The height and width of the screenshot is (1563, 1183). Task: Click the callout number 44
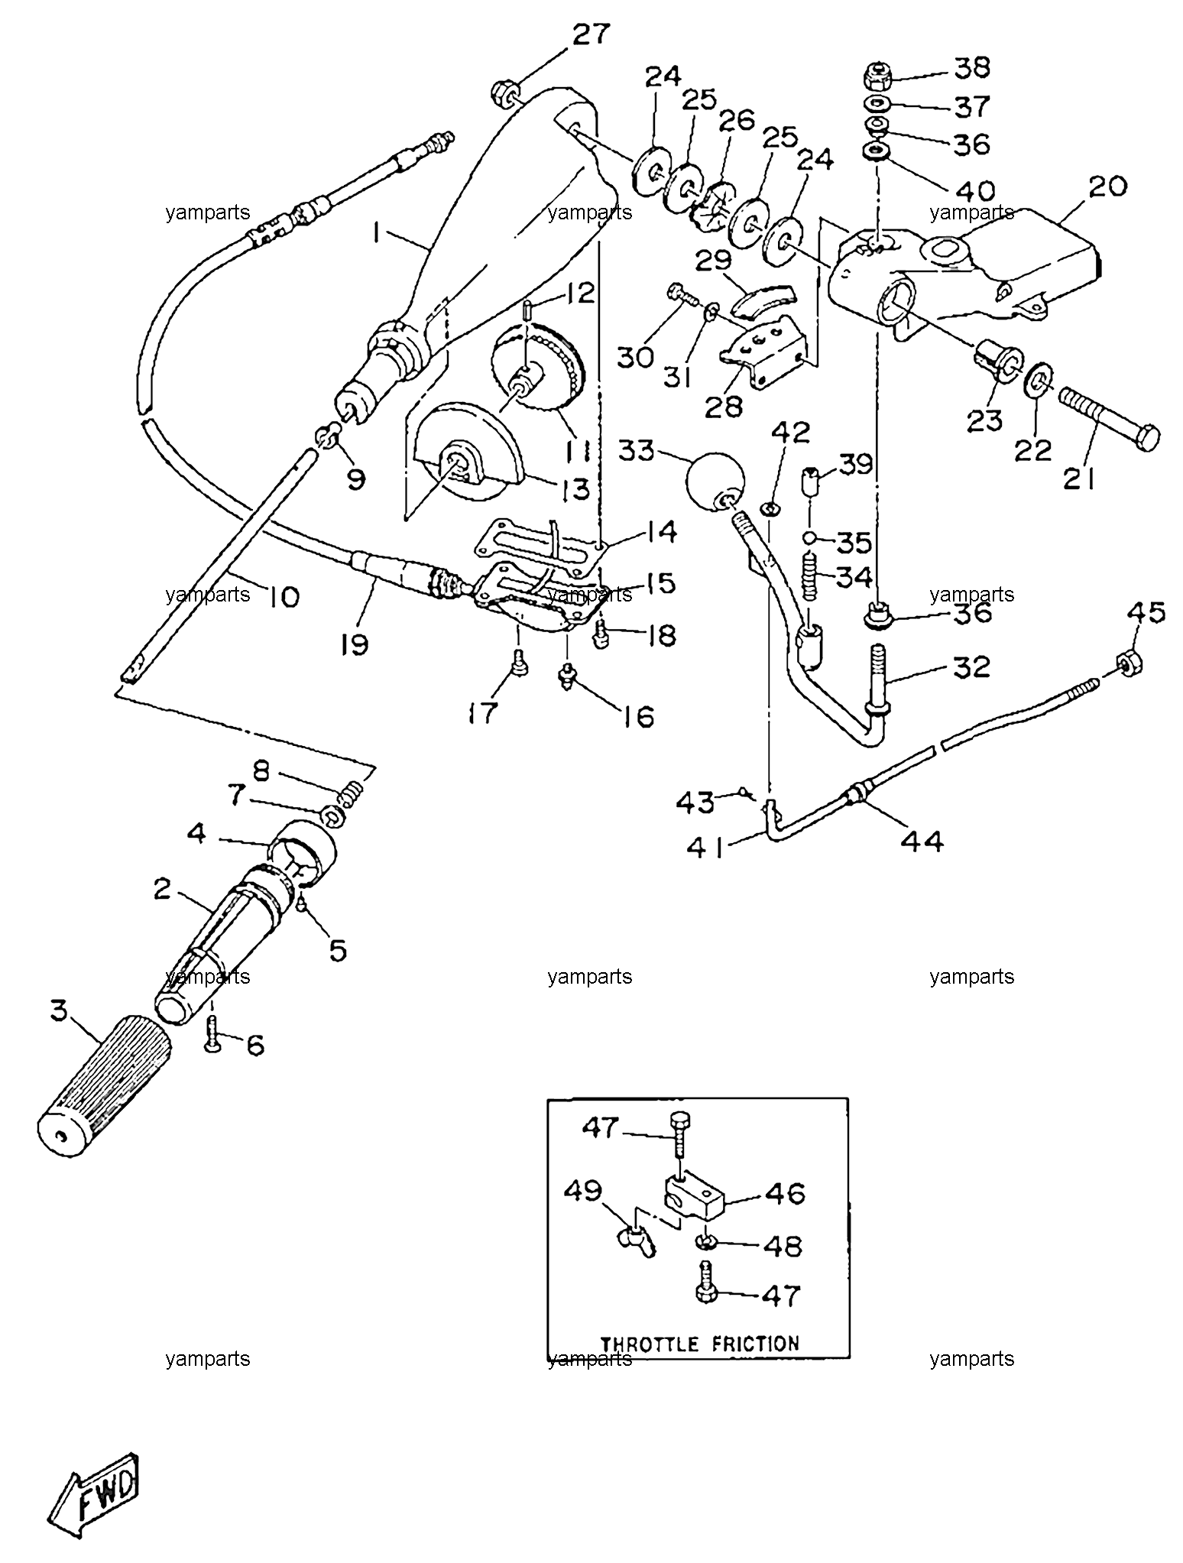point(922,841)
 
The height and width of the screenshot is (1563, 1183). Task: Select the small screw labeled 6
point(213,1036)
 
